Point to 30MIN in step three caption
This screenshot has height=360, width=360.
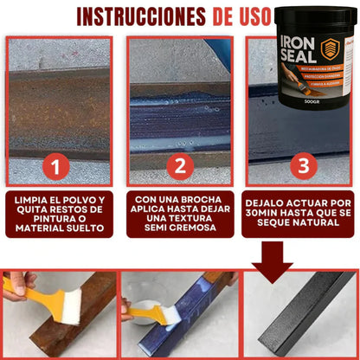[x=264, y=209]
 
